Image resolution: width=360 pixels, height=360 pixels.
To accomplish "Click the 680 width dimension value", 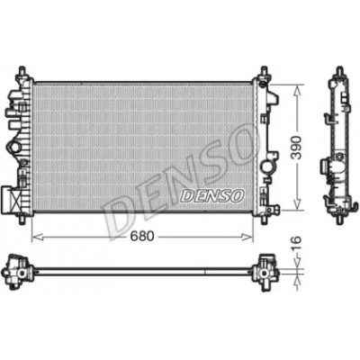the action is [142, 237].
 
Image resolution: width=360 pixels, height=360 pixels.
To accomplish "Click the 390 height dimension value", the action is [297, 148].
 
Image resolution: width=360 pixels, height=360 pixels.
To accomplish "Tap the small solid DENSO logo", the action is [211, 195].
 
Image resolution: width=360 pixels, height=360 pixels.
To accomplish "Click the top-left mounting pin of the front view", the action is [22, 72].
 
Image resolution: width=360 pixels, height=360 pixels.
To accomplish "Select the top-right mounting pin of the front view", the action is [264, 72].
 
